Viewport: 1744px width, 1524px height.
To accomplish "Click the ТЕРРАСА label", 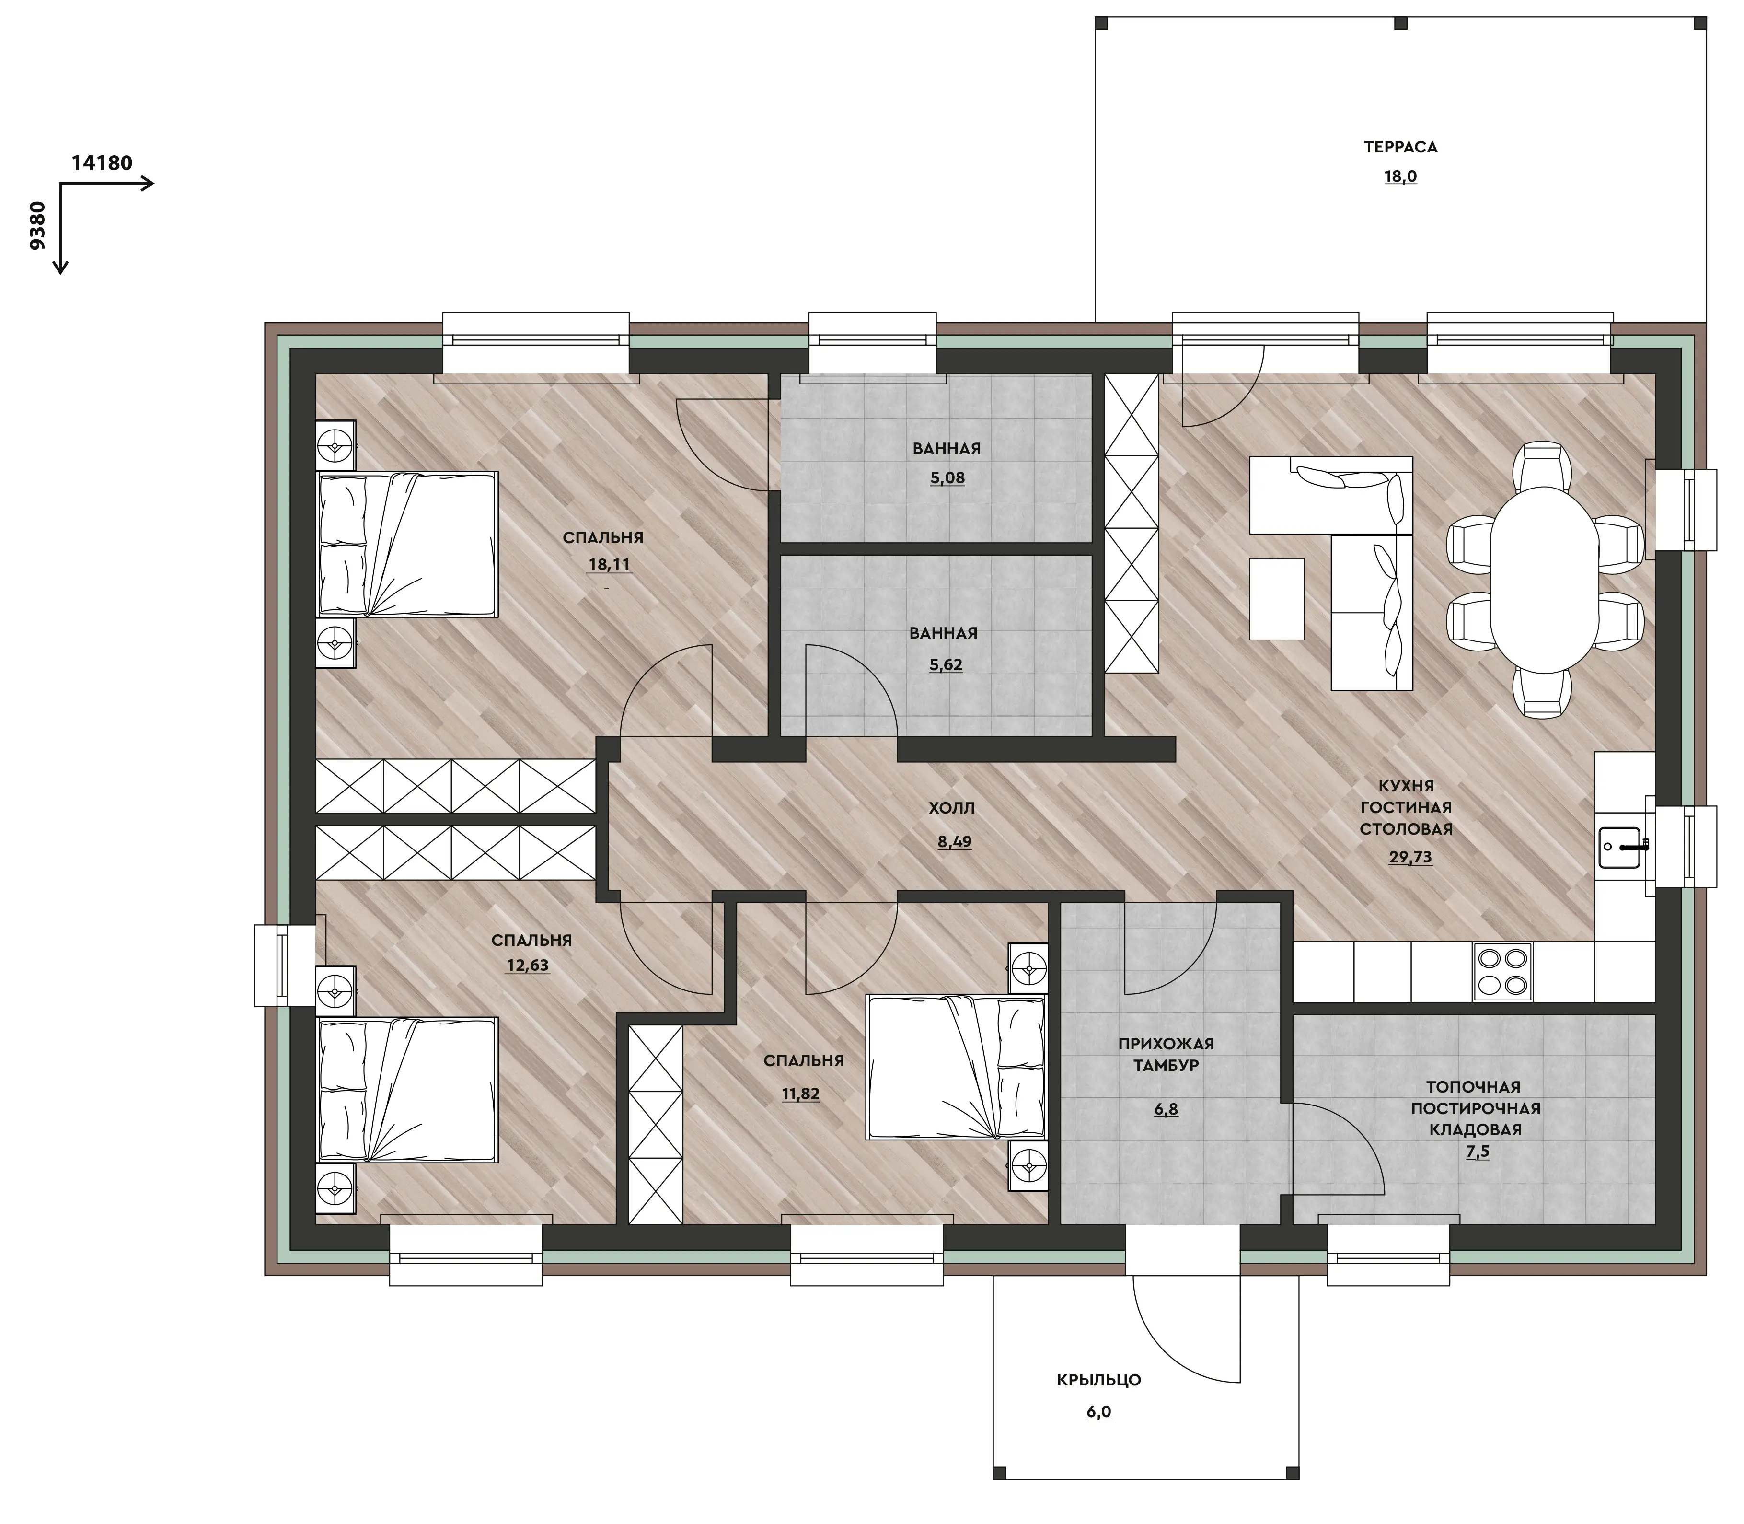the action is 1400,147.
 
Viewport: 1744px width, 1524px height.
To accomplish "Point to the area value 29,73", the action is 1410,857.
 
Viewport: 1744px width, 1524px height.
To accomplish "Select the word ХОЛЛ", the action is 951,808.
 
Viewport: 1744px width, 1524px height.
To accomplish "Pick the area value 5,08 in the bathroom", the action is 947,478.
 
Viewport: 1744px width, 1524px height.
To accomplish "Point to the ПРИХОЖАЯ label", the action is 1166,1044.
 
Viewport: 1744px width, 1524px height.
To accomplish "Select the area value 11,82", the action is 801,1094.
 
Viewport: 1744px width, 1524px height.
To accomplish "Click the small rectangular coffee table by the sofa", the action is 1276,599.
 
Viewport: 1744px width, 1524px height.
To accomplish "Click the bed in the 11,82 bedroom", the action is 955,1067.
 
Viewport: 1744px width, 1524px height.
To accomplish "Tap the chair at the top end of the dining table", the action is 1543,465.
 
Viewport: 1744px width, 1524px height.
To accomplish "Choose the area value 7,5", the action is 1478,1152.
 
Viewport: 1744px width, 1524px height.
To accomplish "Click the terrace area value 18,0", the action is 1400,177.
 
